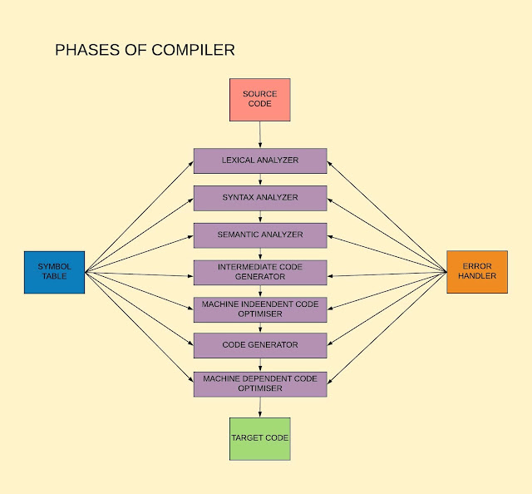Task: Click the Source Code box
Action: pyautogui.click(x=259, y=100)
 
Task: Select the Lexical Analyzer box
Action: pyautogui.click(x=259, y=161)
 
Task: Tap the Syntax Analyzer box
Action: pyautogui.click(x=259, y=198)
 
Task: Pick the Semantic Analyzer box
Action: pyautogui.click(x=259, y=235)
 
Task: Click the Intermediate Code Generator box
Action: pyautogui.click(x=259, y=272)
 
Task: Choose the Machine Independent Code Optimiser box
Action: pyautogui.click(x=259, y=309)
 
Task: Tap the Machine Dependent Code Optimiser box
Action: pyautogui.click(x=259, y=383)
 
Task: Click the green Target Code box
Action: pyautogui.click(x=259, y=438)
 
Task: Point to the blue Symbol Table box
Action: pyautogui.click(x=54, y=272)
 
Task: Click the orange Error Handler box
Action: pyautogui.click(x=476, y=272)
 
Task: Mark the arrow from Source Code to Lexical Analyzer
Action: pyautogui.click(x=260, y=135)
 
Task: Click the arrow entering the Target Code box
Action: pyautogui.click(x=260, y=407)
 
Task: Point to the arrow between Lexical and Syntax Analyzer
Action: pyautogui.click(x=260, y=180)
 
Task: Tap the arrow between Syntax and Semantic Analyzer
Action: pyautogui.click(x=260, y=217)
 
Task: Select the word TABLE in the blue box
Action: pyautogui.click(x=54, y=277)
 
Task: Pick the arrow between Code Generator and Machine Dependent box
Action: pyautogui.click(x=260, y=364)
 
